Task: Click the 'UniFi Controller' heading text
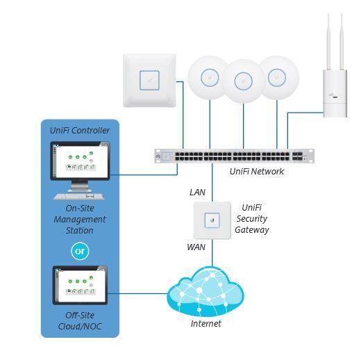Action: [x=80, y=131]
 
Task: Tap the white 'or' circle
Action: [x=80, y=251]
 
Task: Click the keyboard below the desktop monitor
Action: [x=79, y=197]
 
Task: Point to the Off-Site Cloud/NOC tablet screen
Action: [x=80, y=285]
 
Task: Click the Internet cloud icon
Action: [x=205, y=291]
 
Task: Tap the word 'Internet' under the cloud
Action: [x=205, y=324]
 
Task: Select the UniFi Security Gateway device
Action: [x=212, y=220]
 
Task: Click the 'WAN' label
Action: [x=196, y=247]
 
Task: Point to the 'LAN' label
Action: [x=197, y=193]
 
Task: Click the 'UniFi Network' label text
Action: [x=257, y=172]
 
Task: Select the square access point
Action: [x=149, y=81]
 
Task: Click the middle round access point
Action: [x=243, y=81]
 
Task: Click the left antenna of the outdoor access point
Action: [x=328, y=42]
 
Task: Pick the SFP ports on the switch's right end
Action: [x=297, y=156]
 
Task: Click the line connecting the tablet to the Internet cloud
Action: [x=137, y=294]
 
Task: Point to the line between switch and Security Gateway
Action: [x=212, y=182]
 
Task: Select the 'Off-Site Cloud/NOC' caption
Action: [x=80, y=321]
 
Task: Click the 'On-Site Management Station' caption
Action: [x=80, y=220]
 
